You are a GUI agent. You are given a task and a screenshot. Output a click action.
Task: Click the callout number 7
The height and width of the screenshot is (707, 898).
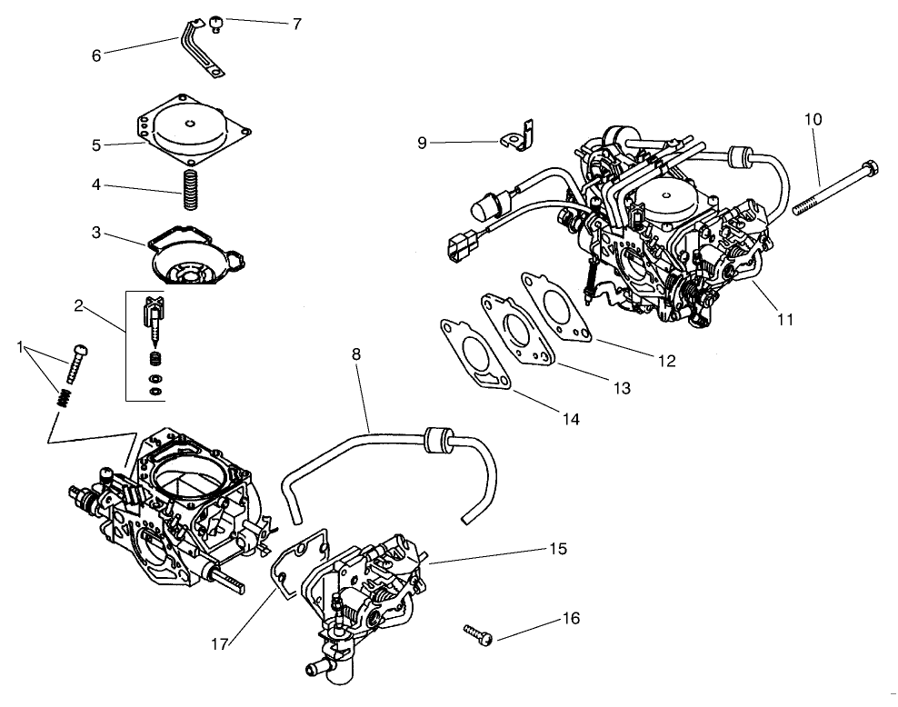click(296, 23)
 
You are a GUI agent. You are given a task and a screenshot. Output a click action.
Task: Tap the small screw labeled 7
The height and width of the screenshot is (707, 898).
click(216, 23)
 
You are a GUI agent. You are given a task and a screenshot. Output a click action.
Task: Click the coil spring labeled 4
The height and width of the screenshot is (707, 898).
click(191, 189)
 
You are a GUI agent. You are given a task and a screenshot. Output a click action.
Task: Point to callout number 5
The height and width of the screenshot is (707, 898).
click(96, 144)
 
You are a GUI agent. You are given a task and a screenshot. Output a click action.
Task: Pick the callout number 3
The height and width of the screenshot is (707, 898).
click(96, 232)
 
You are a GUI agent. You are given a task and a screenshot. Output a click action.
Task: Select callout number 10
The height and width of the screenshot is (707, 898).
click(813, 119)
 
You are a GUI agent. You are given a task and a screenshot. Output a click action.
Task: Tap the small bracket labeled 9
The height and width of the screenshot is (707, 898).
click(518, 135)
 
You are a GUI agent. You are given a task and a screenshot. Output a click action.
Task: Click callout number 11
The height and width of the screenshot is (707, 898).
click(785, 319)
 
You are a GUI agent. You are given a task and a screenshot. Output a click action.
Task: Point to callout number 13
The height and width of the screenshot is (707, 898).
click(621, 388)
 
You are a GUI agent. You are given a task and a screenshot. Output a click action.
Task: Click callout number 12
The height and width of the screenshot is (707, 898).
click(666, 361)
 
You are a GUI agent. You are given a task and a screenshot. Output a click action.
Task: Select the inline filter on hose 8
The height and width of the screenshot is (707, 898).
click(439, 439)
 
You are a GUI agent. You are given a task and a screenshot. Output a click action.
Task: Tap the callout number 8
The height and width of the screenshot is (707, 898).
click(355, 354)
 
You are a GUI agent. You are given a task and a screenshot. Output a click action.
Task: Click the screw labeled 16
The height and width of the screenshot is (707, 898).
click(476, 632)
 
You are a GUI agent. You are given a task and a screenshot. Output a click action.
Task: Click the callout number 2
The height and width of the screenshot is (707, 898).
click(79, 305)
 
